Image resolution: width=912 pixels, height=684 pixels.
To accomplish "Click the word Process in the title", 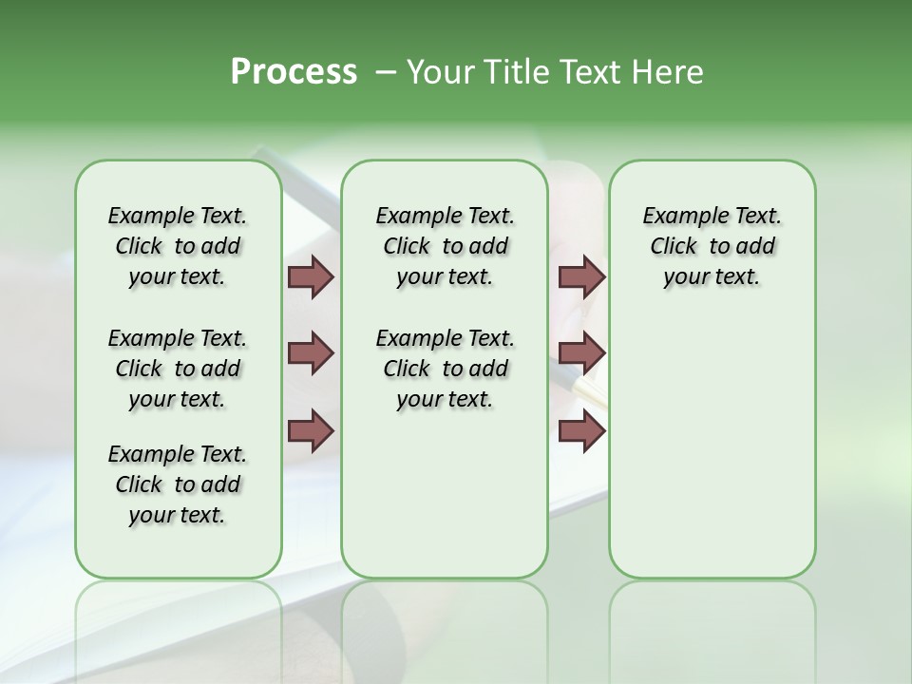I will [294, 72].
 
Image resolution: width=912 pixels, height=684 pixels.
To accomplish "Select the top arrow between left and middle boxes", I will [311, 277].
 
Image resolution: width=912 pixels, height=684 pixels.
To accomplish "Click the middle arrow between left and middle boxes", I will [311, 354].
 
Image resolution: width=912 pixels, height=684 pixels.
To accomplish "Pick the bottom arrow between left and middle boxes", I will [311, 430].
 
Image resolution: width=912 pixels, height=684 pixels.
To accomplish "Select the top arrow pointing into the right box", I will [581, 277].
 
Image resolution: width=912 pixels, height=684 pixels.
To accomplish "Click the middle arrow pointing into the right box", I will [581, 354].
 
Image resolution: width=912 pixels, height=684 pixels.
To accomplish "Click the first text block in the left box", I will [178, 246].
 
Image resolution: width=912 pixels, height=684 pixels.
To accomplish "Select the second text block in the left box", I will [178, 369].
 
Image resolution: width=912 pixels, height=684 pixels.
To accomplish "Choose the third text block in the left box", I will [178, 484].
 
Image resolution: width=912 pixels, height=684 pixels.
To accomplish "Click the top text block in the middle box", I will [445, 246].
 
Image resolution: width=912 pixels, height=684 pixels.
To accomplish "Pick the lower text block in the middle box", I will [445, 369].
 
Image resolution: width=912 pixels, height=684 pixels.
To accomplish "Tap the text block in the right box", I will [712, 246].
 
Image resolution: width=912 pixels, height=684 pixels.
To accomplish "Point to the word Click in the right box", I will [674, 247].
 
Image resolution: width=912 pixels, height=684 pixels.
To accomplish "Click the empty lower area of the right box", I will [712, 437].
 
